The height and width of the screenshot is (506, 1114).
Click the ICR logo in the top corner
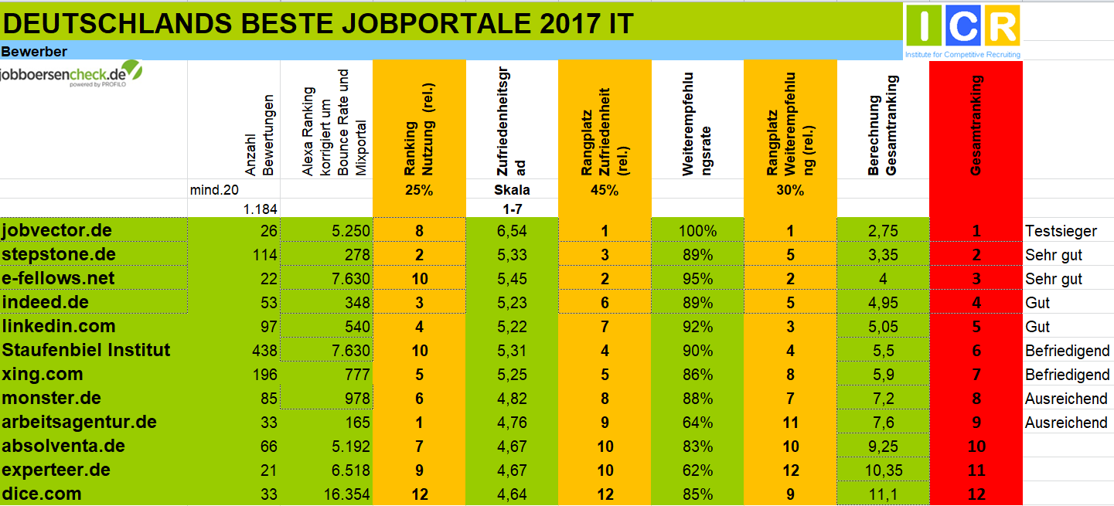click(x=963, y=29)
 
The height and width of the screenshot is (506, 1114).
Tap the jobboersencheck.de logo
click(x=72, y=75)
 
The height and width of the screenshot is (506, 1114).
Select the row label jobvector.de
click(x=57, y=231)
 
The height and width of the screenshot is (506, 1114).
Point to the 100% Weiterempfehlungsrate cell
click(x=698, y=231)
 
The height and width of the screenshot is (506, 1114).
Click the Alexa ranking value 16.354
click(x=344, y=494)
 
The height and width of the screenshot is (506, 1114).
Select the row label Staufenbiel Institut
click(x=87, y=351)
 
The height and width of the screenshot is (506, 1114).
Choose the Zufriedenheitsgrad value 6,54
click(x=512, y=231)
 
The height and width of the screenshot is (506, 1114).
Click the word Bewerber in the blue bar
click(x=34, y=52)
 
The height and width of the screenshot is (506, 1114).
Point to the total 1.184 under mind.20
click(x=260, y=209)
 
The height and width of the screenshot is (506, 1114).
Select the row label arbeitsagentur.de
click(x=80, y=423)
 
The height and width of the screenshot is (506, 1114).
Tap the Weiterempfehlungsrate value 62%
click(x=698, y=470)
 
